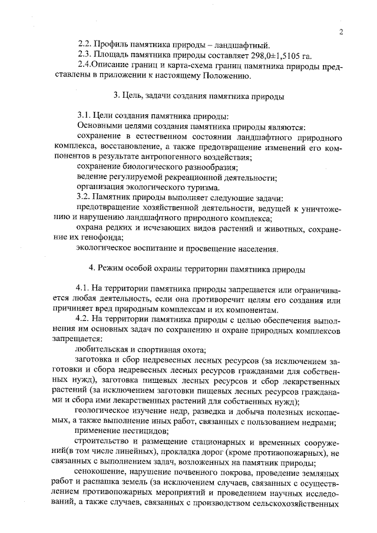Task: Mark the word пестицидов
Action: point(135,432)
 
